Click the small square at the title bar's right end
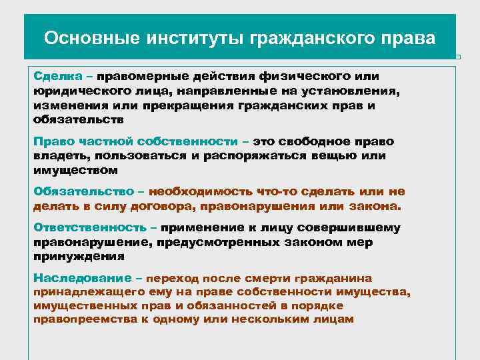pos(458,57)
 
